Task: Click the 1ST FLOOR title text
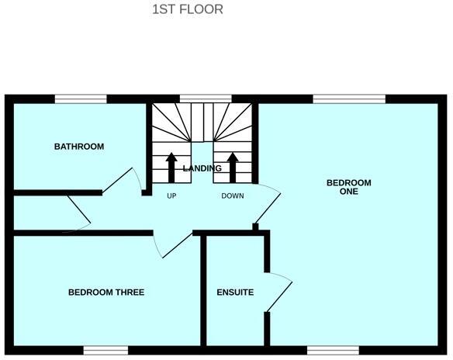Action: [188, 10]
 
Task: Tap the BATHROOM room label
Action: [78, 147]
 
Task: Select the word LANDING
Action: [202, 168]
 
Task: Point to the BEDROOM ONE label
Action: [348, 187]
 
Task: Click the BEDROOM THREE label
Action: [106, 292]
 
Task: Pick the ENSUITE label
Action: [235, 292]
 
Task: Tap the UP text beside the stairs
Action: [172, 196]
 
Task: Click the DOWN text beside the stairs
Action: [233, 196]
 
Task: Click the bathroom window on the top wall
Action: [81, 99]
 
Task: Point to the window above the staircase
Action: [205, 99]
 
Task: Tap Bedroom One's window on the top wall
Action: [349, 99]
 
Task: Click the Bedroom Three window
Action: [105, 350]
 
